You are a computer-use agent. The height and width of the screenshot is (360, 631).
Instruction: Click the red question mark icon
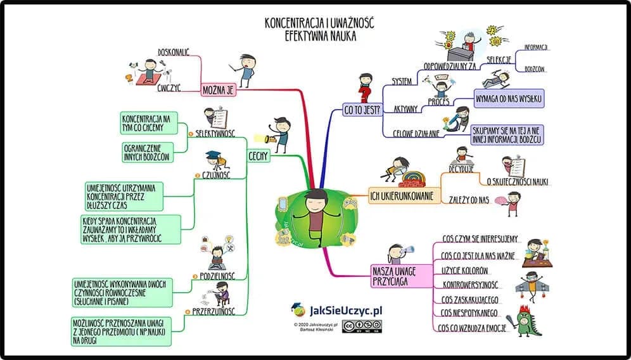point(363,95)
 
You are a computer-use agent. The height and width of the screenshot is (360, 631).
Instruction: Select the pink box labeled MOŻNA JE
point(219,90)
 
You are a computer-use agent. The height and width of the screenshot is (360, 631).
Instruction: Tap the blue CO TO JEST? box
point(362,110)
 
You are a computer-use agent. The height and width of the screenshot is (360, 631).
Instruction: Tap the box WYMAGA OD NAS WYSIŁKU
point(509,100)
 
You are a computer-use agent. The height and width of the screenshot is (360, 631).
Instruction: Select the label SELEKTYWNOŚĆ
point(215,134)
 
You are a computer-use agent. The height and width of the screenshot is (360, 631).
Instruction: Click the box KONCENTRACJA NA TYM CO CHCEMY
point(146,123)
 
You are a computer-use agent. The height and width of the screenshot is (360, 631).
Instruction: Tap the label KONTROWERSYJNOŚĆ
point(469,285)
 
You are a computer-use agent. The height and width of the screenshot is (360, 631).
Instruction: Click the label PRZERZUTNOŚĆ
point(214,311)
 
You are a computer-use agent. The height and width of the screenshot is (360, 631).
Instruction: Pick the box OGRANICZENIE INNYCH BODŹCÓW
point(146,153)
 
